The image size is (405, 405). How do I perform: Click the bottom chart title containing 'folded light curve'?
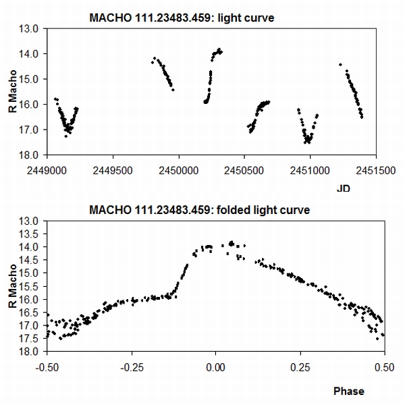pyautogui.click(x=199, y=210)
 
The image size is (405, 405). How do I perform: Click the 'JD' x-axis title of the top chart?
pyautogui.click(x=344, y=190)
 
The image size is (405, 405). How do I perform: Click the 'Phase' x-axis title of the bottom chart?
pyautogui.click(x=348, y=391)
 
